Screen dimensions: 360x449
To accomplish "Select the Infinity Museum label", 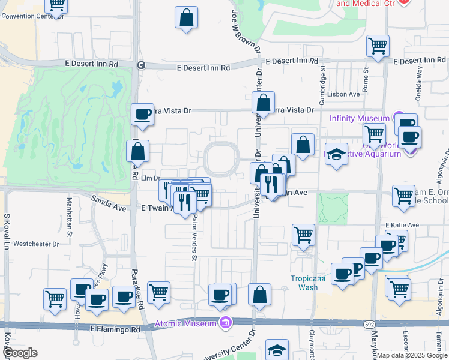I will [359, 118].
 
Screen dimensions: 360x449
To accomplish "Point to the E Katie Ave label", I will [403, 225].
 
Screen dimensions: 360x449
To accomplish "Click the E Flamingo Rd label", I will [115, 329].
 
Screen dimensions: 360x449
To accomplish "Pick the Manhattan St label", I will [70, 217].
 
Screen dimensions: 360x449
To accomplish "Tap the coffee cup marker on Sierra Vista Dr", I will [143, 114].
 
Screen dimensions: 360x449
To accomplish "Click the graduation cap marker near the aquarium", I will [337, 155].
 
